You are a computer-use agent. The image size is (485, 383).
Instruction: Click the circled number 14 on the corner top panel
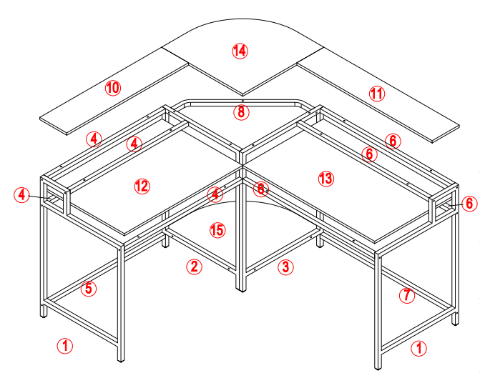tap(240, 50)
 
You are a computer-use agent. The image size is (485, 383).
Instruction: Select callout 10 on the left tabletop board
tap(112, 88)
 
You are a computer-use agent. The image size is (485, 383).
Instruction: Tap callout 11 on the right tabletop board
tap(377, 93)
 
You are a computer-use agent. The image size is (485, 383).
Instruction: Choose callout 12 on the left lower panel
tap(142, 186)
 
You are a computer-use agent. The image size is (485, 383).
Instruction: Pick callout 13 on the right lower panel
tap(326, 178)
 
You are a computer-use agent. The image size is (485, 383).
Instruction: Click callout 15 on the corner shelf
tap(217, 230)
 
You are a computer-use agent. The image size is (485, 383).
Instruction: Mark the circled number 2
tap(193, 267)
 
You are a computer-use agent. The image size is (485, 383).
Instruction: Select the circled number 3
tap(285, 267)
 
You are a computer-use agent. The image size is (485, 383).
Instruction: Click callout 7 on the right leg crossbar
tap(406, 295)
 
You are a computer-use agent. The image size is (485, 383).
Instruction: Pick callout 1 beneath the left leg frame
tap(65, 347)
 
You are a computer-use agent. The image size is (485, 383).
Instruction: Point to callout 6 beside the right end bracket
tap(469, 203)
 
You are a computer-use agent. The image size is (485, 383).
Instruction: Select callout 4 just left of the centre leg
tap(215, 194)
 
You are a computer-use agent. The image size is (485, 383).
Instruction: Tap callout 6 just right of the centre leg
tap(261, 189)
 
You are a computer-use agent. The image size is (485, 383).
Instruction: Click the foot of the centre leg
tap(241, 288)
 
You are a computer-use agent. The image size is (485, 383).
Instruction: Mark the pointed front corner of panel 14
tap(242, 94)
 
